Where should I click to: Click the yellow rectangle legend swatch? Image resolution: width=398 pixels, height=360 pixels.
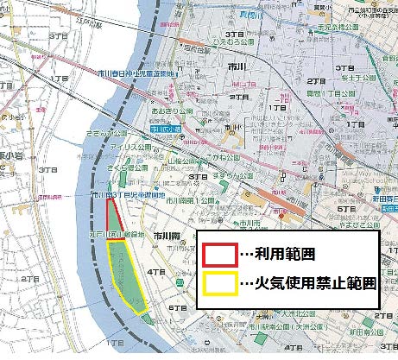point(220,284)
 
